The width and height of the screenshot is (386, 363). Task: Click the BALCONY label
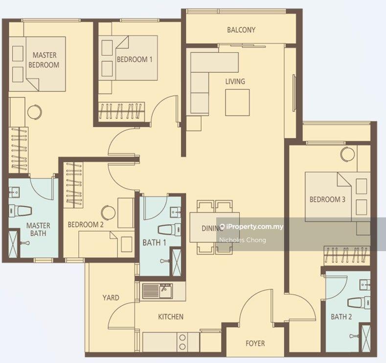click(241, 30)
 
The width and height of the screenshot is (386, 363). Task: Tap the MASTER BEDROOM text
click(44, 60)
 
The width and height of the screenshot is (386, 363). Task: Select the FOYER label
click(255, 343)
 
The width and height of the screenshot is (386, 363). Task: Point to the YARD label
click(111, 298)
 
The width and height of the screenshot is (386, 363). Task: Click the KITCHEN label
click(171, 317)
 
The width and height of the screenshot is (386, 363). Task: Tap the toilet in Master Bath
click(21, 211)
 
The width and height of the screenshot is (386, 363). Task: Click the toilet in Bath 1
click(169, 230)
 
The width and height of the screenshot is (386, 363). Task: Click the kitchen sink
click(158, 291)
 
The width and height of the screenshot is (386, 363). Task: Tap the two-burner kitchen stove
click(182, 342)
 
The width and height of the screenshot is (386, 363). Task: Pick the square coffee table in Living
click(237, 103)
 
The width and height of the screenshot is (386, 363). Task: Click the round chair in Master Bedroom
click(34, 112)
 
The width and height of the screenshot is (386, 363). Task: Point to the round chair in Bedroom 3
click(348, 154)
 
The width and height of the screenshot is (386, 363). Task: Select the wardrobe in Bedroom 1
click(122, 111)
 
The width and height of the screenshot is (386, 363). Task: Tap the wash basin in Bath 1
click(176, 212)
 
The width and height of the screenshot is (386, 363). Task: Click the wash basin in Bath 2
click(365, 284)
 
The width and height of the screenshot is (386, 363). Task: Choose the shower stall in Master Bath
click(13, 244)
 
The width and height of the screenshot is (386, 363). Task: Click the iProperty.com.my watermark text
click(252, 227)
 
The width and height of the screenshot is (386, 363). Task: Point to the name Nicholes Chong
click(243, 240)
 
